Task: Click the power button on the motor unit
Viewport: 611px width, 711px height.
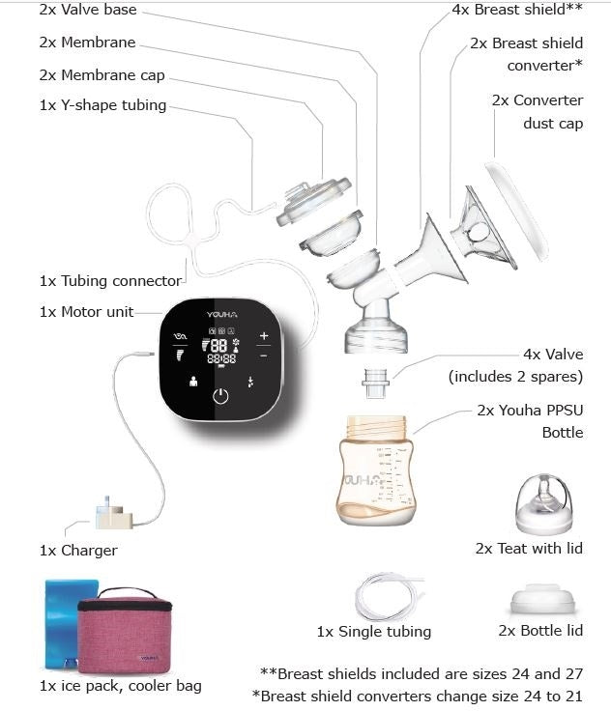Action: (221, 396)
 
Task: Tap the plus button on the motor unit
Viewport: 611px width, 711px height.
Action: (264, 336)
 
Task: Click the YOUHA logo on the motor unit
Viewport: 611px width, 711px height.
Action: (220, 314)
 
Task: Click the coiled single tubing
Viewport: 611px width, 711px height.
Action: (388, 597)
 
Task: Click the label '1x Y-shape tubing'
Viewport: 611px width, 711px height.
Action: (102, 105)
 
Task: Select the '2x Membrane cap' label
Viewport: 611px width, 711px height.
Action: (102, 74)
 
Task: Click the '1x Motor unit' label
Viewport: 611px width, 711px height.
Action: (86, 312)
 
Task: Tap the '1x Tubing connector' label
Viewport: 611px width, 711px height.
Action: (110, 281)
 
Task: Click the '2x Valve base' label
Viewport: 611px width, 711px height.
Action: (88, 11)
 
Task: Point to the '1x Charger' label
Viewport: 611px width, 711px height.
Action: (78, 551)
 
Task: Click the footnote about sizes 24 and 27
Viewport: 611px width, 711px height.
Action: (422, 673)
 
